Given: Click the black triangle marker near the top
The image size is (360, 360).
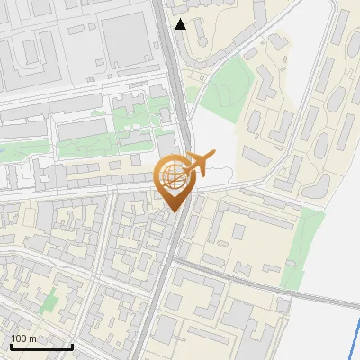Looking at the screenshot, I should (181, 24).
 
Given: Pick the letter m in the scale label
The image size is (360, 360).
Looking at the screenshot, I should (33, 338).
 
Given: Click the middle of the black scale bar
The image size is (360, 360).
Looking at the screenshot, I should (41, 346).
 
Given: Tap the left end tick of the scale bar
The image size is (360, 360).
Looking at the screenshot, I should (11, 345).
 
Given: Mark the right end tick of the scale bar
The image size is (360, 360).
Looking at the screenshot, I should (72, 345).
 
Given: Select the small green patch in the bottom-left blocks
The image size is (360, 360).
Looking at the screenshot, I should (49, 300).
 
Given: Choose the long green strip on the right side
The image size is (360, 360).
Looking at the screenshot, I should (302, 247).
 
